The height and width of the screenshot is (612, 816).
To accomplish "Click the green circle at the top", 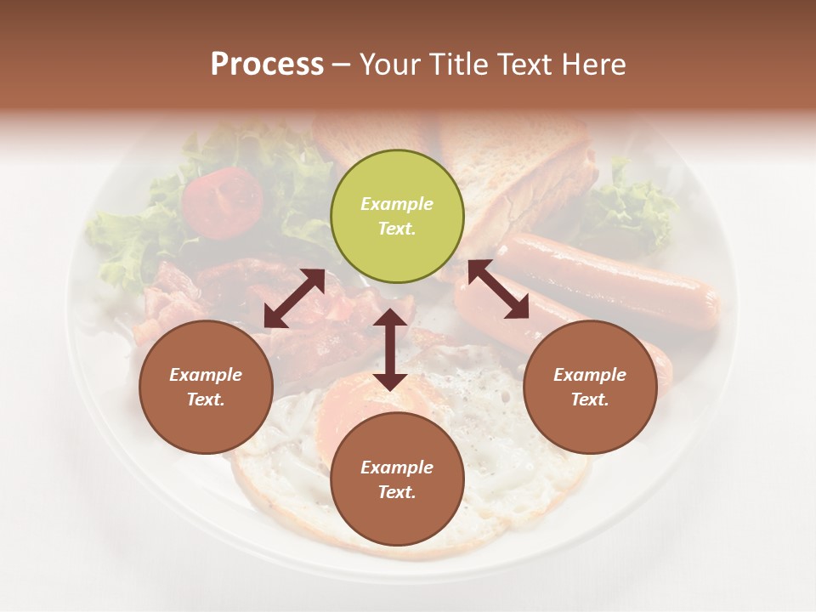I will tap(397, 216).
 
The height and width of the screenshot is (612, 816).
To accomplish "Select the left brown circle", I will tap(206, 387).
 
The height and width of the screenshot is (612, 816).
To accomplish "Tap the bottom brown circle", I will tap(397, 479).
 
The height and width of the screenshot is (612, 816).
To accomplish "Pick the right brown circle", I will tap(589, 387).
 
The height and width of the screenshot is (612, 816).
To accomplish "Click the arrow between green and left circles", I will tap(294, 298).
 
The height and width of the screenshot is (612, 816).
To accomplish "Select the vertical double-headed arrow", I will tap(390, 349).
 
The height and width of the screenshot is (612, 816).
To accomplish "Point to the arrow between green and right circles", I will tap(498, 289).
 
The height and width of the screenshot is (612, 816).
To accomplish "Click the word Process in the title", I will tap(267, 64).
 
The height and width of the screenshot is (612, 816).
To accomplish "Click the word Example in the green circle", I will tap(397, 204).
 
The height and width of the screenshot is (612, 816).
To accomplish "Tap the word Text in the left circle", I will tap(205, 399).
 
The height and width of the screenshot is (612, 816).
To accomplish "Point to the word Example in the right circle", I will tap(589, 375).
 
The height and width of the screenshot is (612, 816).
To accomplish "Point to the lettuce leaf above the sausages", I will tap(633, 212).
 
